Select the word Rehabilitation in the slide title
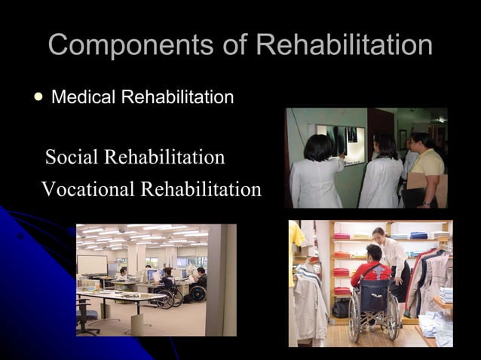tap(344, 45)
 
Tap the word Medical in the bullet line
tap(81, 97)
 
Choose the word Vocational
tap(87, 189)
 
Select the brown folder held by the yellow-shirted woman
tap(419, 182)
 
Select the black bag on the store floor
tap(340, 308)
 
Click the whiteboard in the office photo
tap(92, 264)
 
